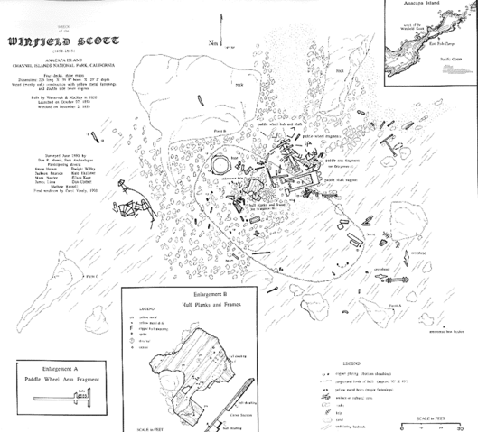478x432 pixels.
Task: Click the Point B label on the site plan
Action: coord(220,132)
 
